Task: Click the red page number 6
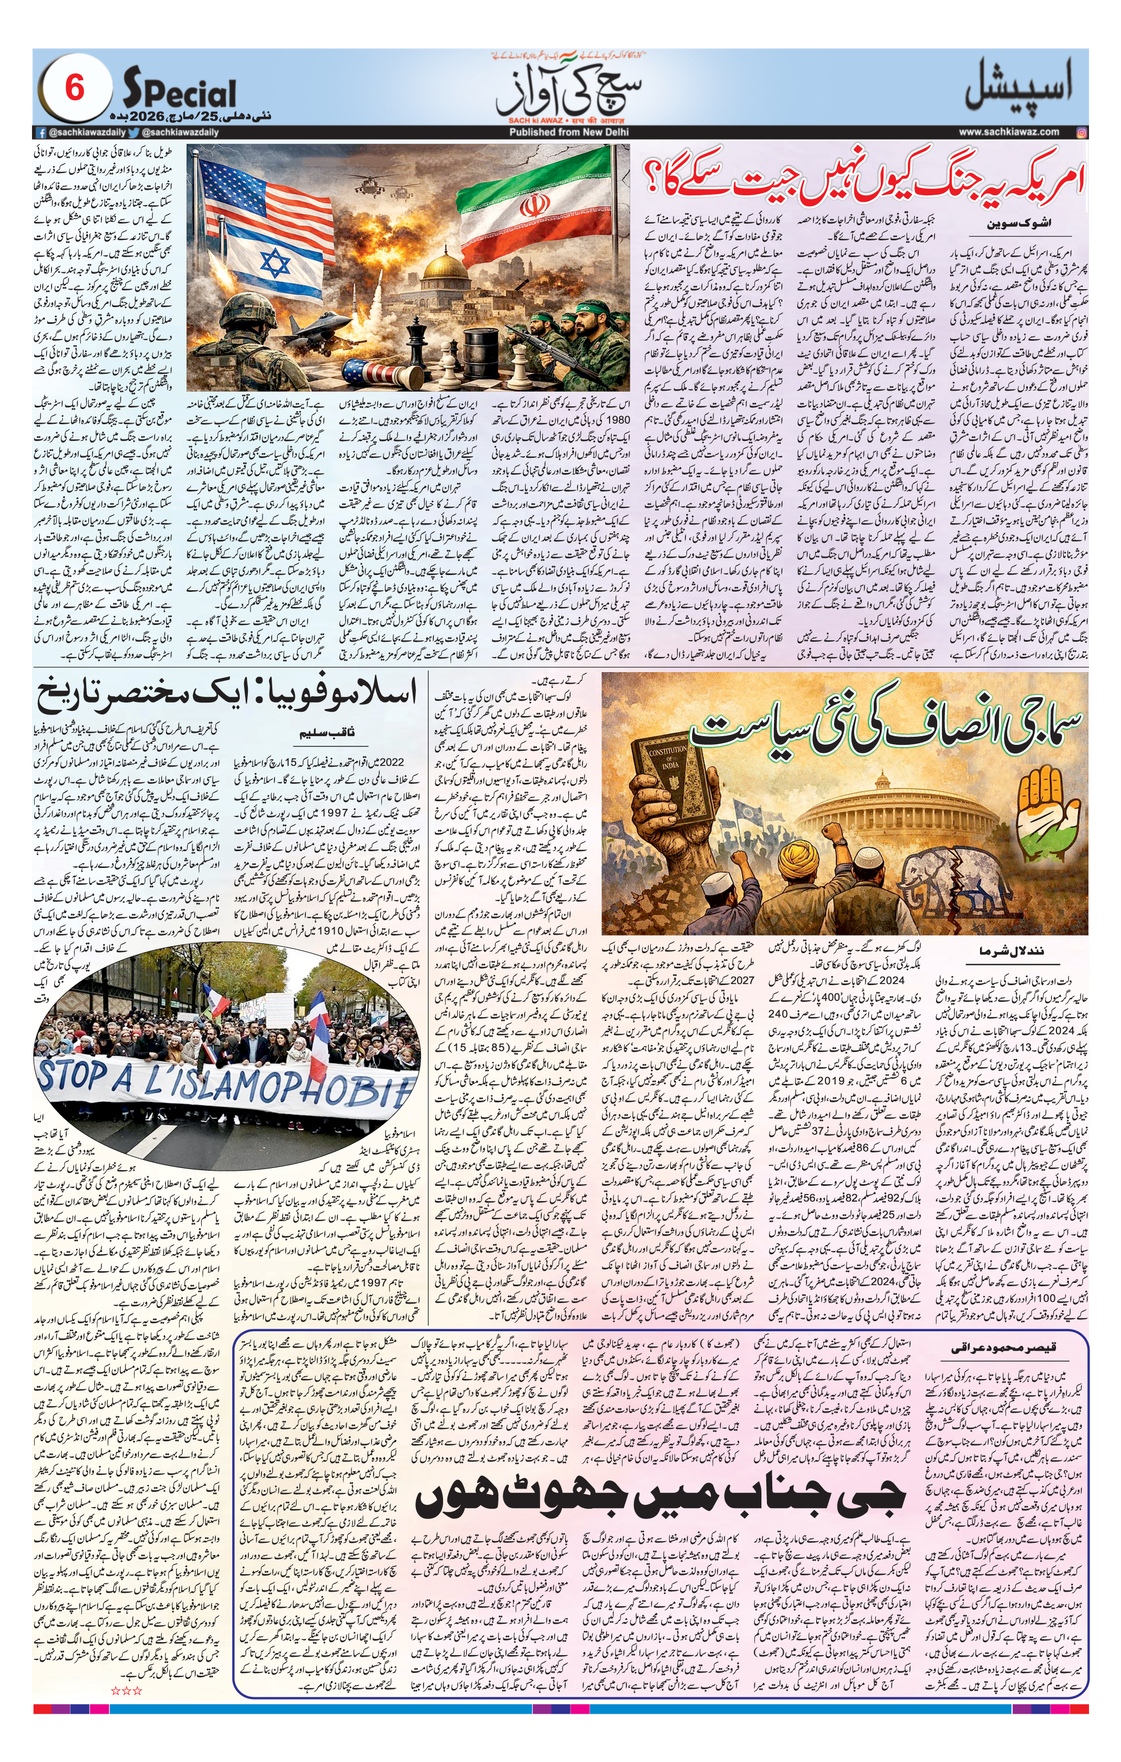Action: pyautogui.click(x=75, y=90)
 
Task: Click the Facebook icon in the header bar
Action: pyautogui.click(x=42, y=132)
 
